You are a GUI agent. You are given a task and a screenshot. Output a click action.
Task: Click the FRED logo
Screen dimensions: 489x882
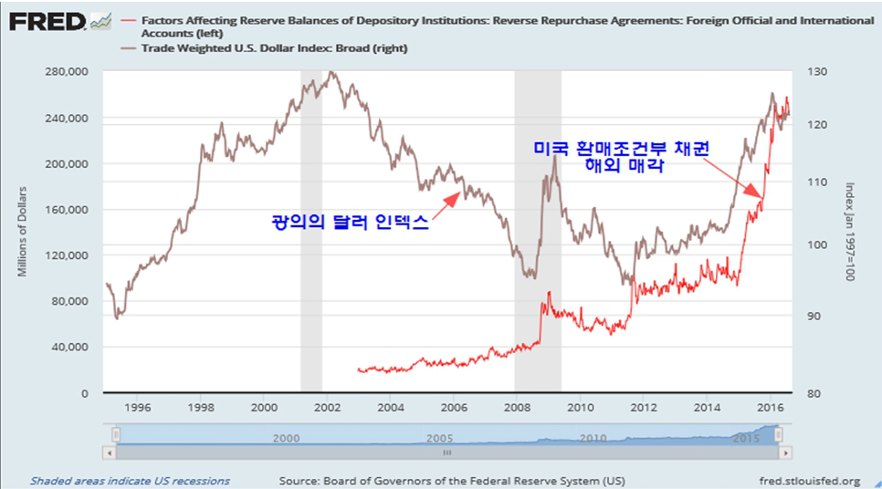[47, 21]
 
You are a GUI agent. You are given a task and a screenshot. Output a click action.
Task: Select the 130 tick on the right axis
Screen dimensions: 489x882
[815, 72]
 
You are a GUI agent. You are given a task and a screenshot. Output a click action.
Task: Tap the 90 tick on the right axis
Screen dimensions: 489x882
[813, 316]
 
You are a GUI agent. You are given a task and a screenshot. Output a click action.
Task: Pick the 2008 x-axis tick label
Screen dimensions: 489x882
[518, 407]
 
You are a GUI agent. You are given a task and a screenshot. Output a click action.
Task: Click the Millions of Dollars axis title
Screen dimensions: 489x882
[23, 232]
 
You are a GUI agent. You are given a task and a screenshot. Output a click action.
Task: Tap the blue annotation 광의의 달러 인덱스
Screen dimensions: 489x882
[350, 221]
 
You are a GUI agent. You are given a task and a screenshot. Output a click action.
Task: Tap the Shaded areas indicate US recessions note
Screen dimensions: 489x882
[130, 480]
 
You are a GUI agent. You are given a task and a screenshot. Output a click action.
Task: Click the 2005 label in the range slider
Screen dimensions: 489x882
[441, 439]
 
